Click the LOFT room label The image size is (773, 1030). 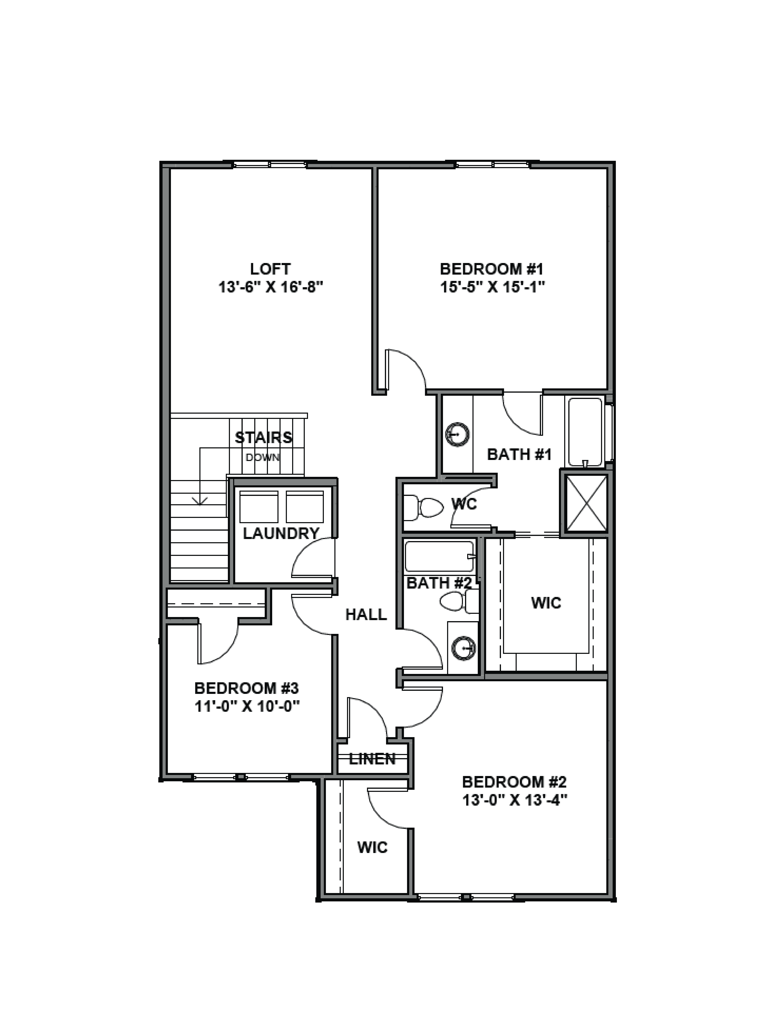coord(270,269)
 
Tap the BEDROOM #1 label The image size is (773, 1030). coord(492,269)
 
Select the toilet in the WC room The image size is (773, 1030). coord(424,507)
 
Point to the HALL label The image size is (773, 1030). coord(366,615)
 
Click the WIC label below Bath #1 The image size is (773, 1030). coord(546,603)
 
